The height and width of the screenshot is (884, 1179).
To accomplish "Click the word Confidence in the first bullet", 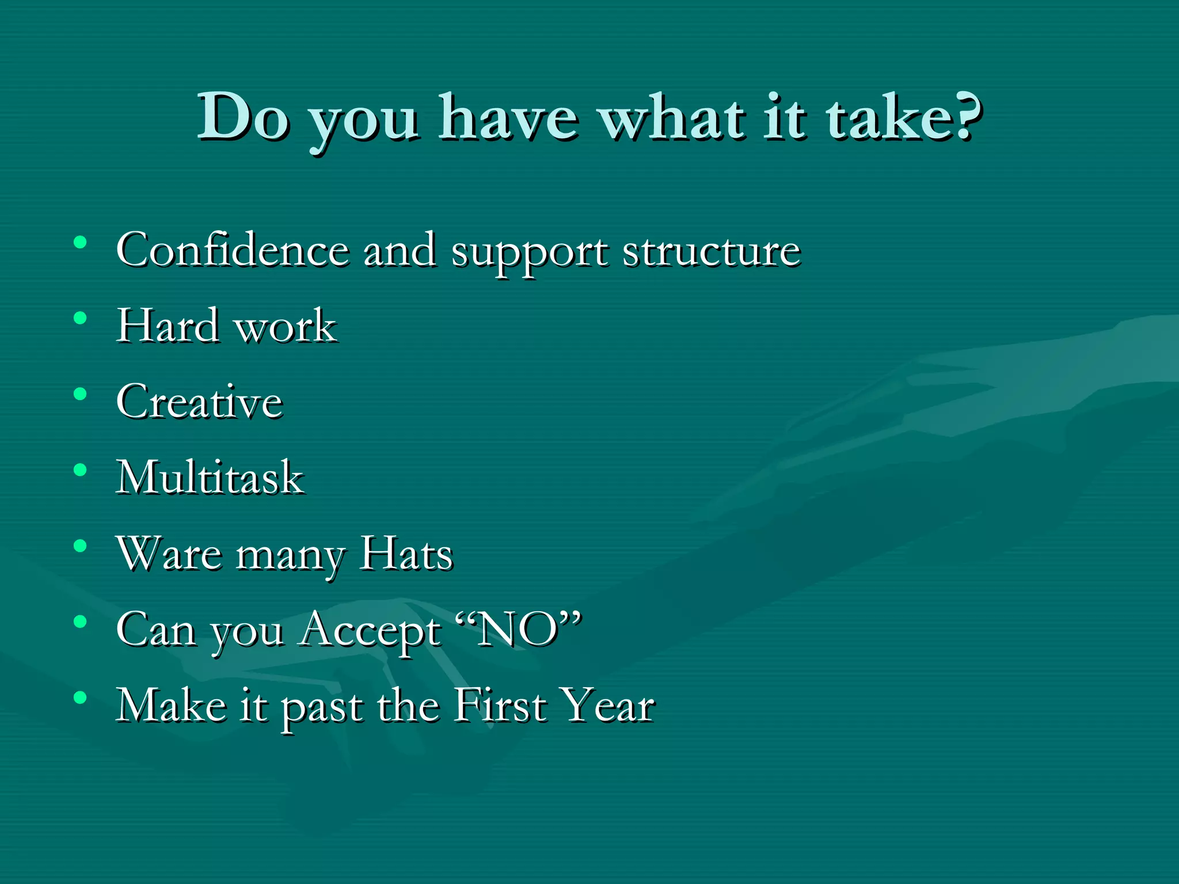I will tap(232, 250).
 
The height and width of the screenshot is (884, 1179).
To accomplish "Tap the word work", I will tap(286, 327).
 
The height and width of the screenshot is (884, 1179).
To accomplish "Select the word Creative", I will tap(199, 402).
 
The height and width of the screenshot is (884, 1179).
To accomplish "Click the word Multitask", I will tap(210, 477).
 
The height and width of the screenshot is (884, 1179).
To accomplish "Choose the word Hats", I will tap(406, 554).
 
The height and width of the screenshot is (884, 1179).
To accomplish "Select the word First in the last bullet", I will tap(499, 705).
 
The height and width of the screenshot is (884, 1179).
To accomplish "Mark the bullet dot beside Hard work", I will tap(80, 318).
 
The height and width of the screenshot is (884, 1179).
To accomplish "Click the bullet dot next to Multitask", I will tap(80, 470).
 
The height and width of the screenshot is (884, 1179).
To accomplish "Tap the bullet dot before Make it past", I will tap(80, 698).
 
